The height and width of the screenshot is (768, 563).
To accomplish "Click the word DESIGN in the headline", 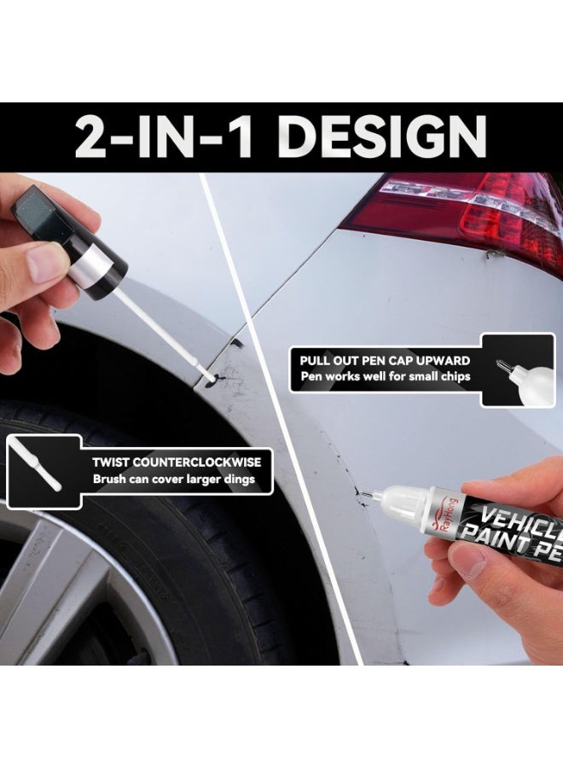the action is pos(386,137).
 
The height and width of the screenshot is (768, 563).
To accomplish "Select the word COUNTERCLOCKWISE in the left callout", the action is pos(197,462).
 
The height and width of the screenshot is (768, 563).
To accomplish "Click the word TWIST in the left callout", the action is pos(111,462).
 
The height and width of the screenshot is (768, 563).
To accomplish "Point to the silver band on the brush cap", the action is pos(92,261).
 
